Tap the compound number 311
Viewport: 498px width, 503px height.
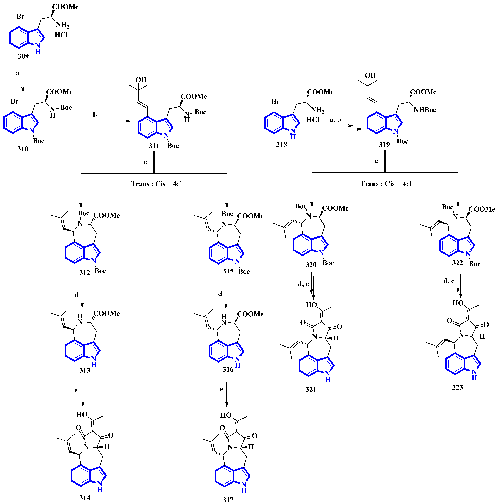click(x=154, y=146)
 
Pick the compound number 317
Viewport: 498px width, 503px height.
click(x=228, y=499)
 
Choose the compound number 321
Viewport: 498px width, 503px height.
click(x=311, y=389)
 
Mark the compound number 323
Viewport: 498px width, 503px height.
click(x=457, y=387)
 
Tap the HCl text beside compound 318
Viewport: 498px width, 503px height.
click(x=313, y=120)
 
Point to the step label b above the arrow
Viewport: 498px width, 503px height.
click(x=95, y=115)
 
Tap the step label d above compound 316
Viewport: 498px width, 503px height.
click(x=220, y=294)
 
